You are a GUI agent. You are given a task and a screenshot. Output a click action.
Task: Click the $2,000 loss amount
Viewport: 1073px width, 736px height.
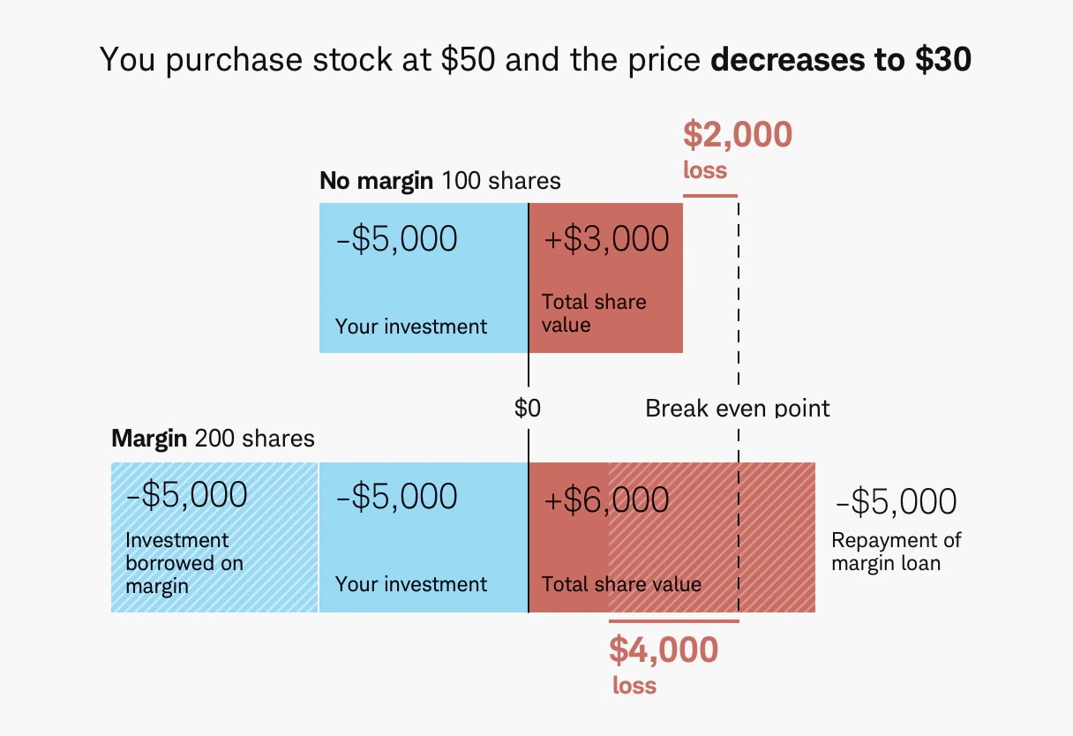click(x=738, y=135)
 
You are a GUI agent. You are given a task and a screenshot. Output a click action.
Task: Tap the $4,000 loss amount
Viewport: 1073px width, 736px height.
click(x=664, y=650)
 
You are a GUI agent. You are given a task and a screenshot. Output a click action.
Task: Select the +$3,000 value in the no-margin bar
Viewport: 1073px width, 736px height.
click(x=606, y=239)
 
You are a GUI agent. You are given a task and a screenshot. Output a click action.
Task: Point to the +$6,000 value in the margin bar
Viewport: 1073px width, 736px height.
click(x=606, y=499)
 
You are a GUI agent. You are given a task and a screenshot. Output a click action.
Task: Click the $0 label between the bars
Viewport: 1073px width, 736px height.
click(x=528, y=409)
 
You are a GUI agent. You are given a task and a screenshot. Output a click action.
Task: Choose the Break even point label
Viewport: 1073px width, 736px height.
click(x=738, y=409)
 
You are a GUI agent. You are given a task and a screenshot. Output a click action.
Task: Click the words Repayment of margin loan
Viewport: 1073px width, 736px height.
click(x=896, y=551)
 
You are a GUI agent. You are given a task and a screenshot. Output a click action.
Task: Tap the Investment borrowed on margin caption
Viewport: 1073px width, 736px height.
click(x=184, y=563)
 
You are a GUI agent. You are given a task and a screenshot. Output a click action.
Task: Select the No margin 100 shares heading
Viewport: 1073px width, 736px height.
click(x=439, y=182)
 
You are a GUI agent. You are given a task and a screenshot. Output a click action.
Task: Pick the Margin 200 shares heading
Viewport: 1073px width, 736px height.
click(x=213, y=439)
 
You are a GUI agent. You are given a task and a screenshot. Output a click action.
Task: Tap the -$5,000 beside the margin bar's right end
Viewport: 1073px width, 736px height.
click(x=895, y=502)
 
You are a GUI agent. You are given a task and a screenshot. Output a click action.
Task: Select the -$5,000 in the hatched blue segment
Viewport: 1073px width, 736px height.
click(x=187, y=496)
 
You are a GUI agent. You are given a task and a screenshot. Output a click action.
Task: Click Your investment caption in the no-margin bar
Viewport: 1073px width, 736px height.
click(x=411, y=327)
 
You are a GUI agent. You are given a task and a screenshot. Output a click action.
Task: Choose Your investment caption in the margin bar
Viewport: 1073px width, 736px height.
click(x=411, y=584)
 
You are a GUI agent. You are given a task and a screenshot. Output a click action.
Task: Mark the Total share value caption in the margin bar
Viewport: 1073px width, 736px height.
click(x=621, y=584)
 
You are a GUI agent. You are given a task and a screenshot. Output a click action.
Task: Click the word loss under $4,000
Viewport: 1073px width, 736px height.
click(x=634, y=686)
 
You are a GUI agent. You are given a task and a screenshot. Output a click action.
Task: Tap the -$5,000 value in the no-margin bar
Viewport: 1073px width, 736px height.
click(x=397, y=239)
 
